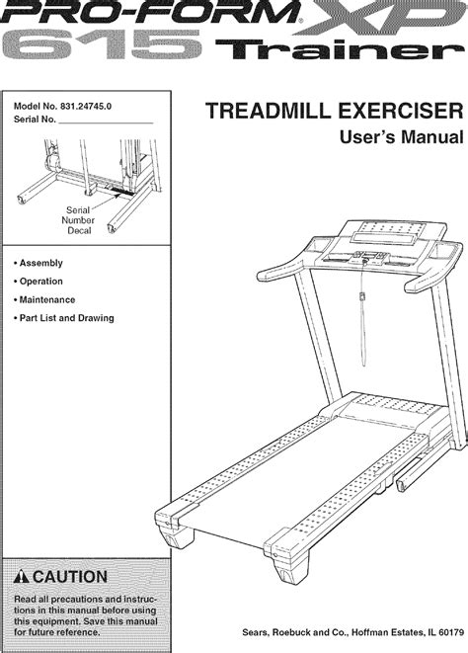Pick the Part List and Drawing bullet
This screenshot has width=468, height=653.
[67, 318]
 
